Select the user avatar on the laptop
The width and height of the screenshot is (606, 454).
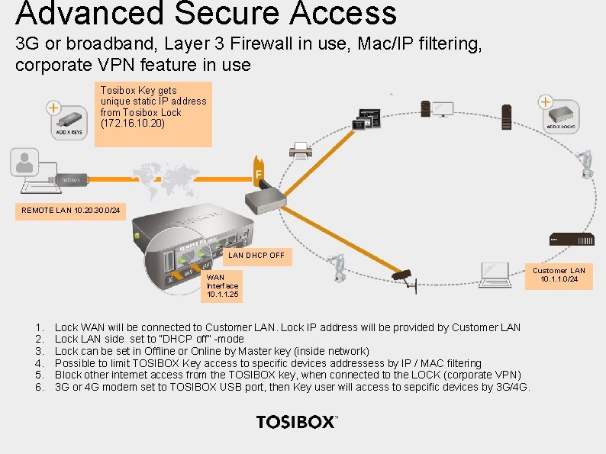click(x=25, y=162)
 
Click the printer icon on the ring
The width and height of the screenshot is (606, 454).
click(x=301, y=151)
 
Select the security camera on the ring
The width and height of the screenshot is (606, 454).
click(x=401, y=276)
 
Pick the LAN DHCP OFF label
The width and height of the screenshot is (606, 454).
click(x=256, y=256)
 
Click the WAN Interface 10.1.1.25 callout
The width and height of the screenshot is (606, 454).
click(x=222, y=285)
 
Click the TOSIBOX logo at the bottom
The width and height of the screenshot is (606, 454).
click(x=297, y=422)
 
